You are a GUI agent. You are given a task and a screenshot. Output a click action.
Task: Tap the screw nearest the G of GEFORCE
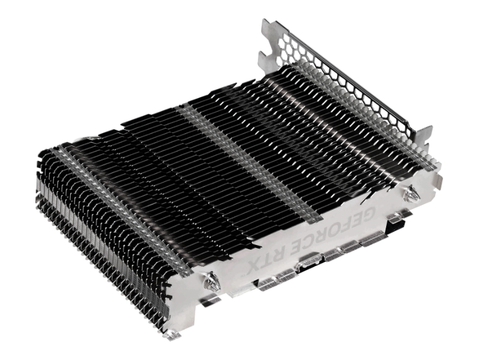point(410,193)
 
